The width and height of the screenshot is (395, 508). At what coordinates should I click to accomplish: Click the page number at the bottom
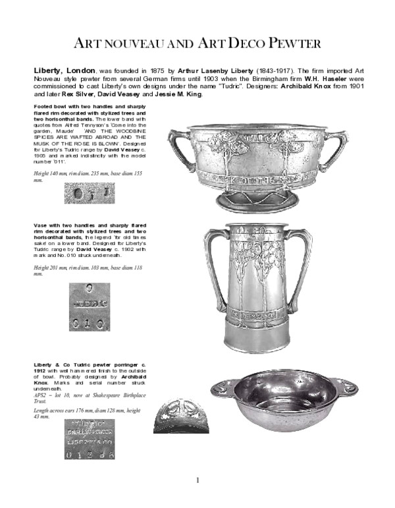[197, 480]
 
